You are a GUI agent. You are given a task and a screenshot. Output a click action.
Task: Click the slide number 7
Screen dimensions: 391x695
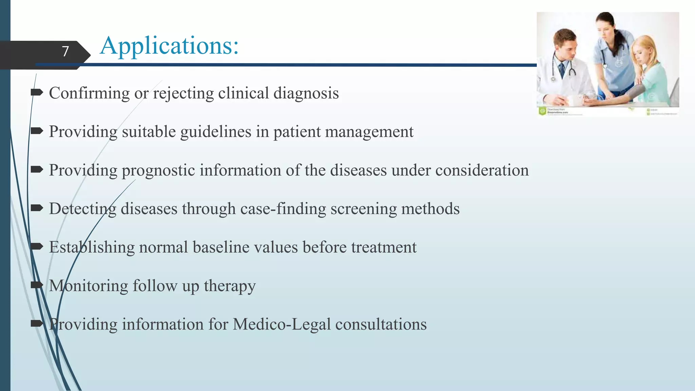pyautogui.click(x=65, y=51)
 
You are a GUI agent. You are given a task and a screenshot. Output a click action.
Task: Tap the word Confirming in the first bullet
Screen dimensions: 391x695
pyautogui.click(x=89, y=93)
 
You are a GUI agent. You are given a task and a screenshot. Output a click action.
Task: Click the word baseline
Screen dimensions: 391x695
pyautogui.click(x=221, y=247)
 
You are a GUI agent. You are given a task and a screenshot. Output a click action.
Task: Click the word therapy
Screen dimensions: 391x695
pyautogui.click(x=230, y=286)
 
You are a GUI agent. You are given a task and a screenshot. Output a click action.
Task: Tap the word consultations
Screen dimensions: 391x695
pyautogui.click(x=381, y=324)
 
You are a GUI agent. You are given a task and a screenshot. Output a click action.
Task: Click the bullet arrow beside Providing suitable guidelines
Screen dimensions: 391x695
pyautogui.click(x=37, y=131)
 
